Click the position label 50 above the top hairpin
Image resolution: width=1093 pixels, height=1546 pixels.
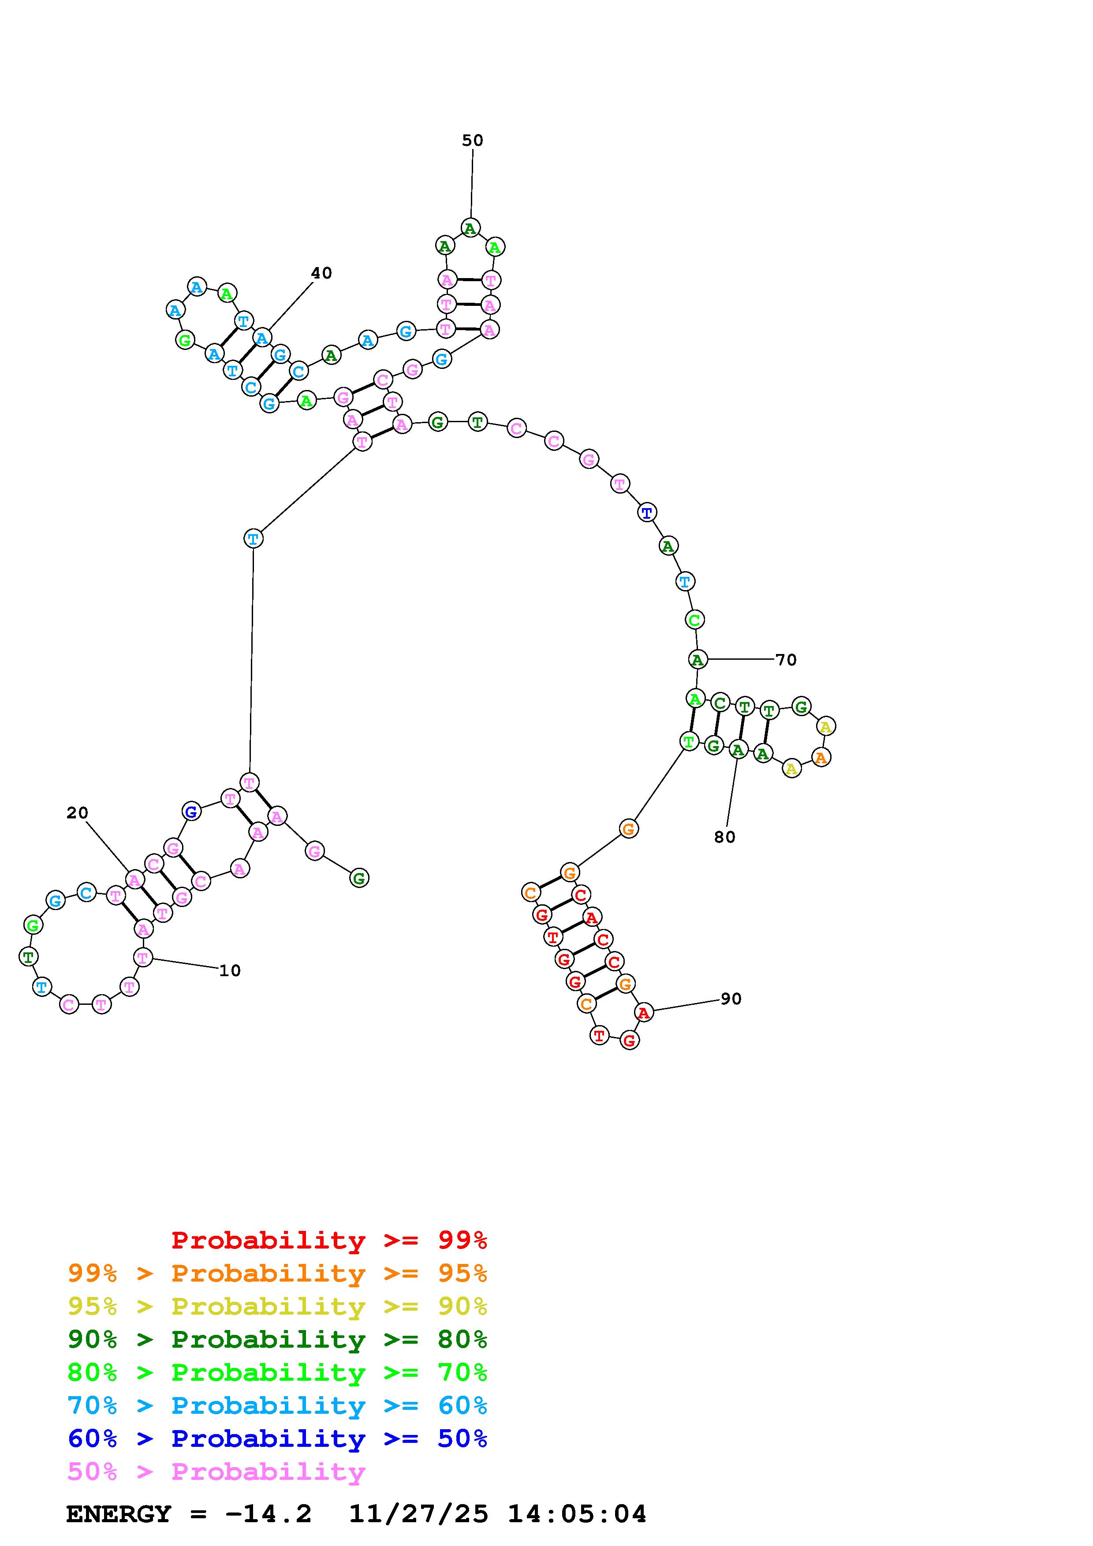click(472, 141)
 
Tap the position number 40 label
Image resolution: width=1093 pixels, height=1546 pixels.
click(321, 273)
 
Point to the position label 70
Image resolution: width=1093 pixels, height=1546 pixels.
click(786, 660)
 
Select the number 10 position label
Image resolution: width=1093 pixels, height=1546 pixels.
click(230, 970)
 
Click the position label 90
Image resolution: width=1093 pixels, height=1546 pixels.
click(731, 999)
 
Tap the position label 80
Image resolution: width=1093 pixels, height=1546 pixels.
click(725, 837)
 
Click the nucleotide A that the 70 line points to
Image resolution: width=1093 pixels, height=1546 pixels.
click(698, 660)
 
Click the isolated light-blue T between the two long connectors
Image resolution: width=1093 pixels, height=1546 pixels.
click(253, 539)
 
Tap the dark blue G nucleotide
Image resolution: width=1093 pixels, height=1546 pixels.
click(191, 811)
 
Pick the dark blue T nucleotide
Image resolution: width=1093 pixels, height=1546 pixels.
click(646, 513)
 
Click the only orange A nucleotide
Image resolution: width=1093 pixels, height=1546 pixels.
click(820, 758)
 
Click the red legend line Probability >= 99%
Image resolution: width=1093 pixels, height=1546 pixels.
click(329, 1240)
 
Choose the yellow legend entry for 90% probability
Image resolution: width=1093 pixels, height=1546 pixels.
click(277, 1306)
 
